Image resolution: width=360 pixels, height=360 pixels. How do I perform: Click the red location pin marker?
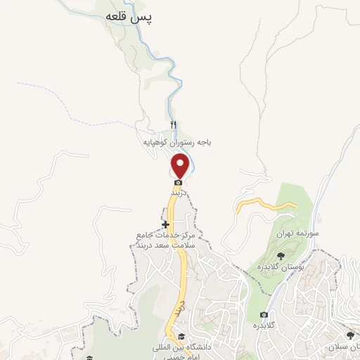(x=181, y=166)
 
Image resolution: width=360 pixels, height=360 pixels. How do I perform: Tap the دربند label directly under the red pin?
(x=176, y=191)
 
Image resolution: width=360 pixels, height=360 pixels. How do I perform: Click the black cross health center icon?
(x=165, y=224)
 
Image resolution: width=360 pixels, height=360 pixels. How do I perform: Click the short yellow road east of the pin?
(x=267, y=203)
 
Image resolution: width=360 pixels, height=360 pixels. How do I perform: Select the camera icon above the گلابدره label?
(x=264, y=314)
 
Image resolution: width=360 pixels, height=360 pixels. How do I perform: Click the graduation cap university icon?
(x=181, y=336)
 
